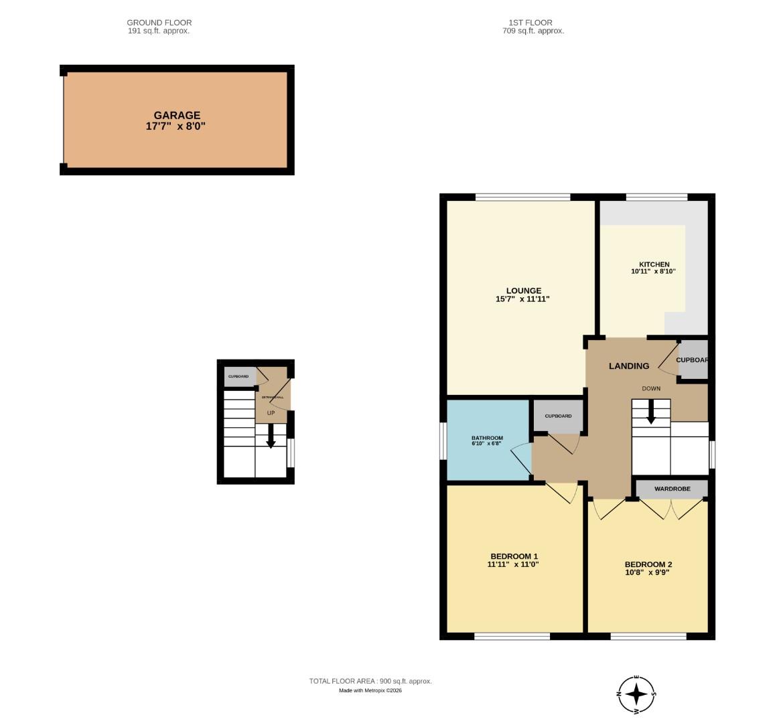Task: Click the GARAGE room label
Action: point(177,115)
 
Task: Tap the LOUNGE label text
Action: point(523,291)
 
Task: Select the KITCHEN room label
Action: point(654,264)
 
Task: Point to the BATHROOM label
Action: point(487,438)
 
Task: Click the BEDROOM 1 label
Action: point(514,556)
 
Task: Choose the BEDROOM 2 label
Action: point(648,564)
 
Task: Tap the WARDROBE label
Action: point(672,489)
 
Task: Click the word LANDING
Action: point(628,366)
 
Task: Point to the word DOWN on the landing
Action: point(651,389)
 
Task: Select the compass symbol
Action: point(636,694)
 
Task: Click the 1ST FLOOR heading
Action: point(533,23)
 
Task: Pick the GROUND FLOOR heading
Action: point(159,23)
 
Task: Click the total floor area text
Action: point(370,681)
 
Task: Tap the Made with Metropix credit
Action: point(370,690)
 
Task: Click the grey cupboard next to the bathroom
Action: point(558,416)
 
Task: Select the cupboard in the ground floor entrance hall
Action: point(239,376)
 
